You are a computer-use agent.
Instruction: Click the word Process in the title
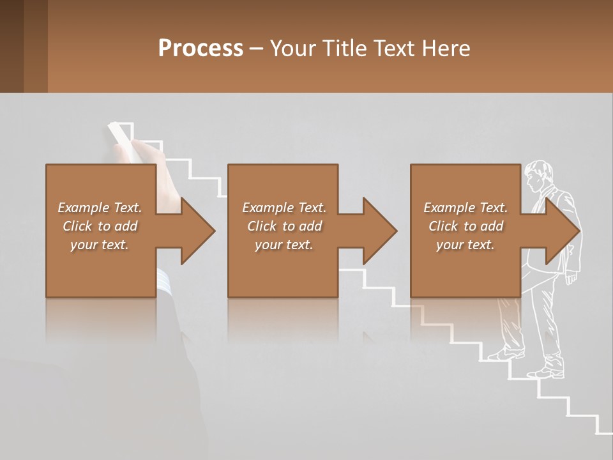201,49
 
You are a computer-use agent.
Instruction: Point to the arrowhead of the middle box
380,231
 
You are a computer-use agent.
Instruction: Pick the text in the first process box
100,226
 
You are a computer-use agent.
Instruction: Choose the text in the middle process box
284,226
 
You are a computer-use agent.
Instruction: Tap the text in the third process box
465,226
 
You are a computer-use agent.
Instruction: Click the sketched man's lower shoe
548,372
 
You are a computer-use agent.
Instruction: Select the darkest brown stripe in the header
11,46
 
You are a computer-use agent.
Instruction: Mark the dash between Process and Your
256,49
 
